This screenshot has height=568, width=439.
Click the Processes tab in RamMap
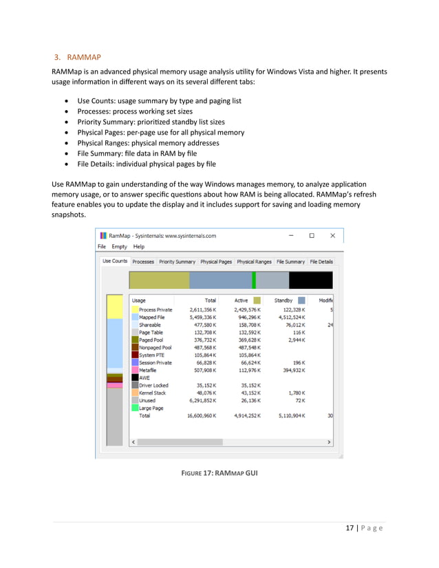(143, 262)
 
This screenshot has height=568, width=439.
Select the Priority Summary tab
(177, 262)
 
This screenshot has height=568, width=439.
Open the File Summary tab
(290, 262)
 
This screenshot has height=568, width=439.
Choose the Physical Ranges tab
(254, 262)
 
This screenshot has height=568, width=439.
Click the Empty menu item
(119, 246)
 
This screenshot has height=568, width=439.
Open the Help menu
(139, 246)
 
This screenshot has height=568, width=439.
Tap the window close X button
(332, 235)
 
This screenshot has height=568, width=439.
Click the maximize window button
(312, 235)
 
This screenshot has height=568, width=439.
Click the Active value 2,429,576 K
(240, 310)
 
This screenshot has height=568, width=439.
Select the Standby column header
(283, 301)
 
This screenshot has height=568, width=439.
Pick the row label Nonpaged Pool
(155, 348)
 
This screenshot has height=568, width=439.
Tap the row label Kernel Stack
(152, 393)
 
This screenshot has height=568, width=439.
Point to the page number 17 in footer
(350, 528)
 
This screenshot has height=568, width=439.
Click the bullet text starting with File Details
(147, 164)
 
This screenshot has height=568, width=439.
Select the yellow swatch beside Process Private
(135, 310)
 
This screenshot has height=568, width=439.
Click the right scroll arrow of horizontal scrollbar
(329, 441)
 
